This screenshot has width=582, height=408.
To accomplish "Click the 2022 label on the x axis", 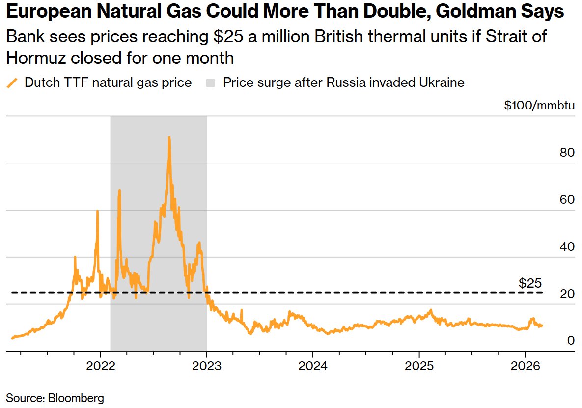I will pyautogui.click(x=101, y=366).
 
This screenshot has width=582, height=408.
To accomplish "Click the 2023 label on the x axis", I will pyautogui.click(x=207, y=366).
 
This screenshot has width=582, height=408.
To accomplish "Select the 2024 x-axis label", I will pyautogui.click(x=313, y=366).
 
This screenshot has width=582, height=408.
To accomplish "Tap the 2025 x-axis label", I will pyautogui.click(x=419, y=366).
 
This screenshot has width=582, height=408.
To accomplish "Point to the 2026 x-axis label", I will pyautogui.click(x=525, y=366).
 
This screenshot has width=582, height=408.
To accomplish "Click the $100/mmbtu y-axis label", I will pyautogui.click(x=539, y=105).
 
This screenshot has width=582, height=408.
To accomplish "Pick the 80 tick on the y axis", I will pyautogui.click(x=567, y=153).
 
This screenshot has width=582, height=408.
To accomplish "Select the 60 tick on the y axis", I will pyautogui.click(x=567, y=200).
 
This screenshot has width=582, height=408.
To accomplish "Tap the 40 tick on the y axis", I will pyautogui.click(x=567, y=247).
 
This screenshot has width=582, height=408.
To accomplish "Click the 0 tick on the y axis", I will pyautogui.click(x=571, y=341).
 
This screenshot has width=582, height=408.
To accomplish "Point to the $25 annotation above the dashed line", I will pyautogui.click(x=530, y=283).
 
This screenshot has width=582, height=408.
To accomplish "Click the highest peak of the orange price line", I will pyautogui.click(x=169, y=137).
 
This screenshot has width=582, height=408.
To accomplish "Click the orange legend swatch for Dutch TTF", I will pyautogui.click(x=12, y=82).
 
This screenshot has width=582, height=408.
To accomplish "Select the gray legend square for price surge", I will pyautogui.click(x=211, y=82).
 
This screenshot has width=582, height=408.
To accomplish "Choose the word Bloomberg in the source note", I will pyautogui.click(x=76, y=397).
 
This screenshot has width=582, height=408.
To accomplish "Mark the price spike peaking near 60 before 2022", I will pyautogui.click(x=97, y=211).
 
